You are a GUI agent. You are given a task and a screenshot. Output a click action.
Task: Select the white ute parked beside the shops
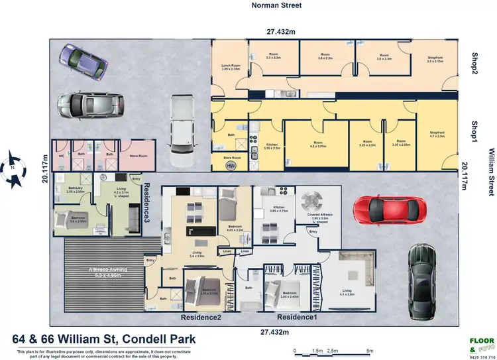pos(179,131)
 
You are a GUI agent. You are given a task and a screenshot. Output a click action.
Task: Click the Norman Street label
pos(276,5)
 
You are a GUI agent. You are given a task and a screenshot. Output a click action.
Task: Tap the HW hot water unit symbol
pos(230,165)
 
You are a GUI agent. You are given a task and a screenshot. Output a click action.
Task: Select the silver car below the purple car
pos(90,105)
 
